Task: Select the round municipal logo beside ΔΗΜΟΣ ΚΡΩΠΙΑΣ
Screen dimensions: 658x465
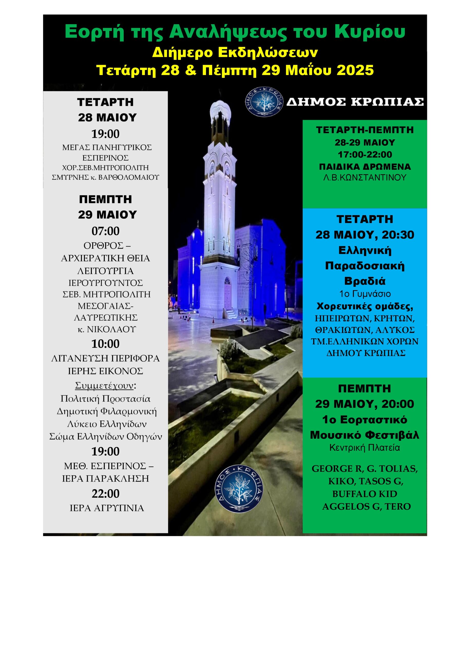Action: coord(264,102)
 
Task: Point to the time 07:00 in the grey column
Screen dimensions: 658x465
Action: coord(105,231)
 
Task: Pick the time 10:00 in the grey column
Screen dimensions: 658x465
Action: coord(105,344)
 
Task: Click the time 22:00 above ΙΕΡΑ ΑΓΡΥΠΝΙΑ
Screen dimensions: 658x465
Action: coord(105,493)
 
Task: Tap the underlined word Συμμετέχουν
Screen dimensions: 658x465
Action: coord(104,386)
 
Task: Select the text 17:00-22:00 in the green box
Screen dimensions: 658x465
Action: coord(365,154)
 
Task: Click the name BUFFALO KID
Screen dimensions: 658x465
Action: coord(365,494)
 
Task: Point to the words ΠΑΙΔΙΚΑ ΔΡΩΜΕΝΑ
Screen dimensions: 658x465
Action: coord(365,167)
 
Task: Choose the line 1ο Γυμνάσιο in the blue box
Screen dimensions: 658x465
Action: coord(365,294)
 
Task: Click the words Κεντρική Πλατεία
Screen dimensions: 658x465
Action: coord(365,448)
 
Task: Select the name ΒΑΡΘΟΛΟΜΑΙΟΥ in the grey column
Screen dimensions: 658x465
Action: coord(129,177)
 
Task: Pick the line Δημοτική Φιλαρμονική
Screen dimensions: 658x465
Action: coord(107,412)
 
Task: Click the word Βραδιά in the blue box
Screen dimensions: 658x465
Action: coord(365,281)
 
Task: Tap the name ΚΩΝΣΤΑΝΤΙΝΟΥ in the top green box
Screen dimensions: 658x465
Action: coord(374,178)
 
